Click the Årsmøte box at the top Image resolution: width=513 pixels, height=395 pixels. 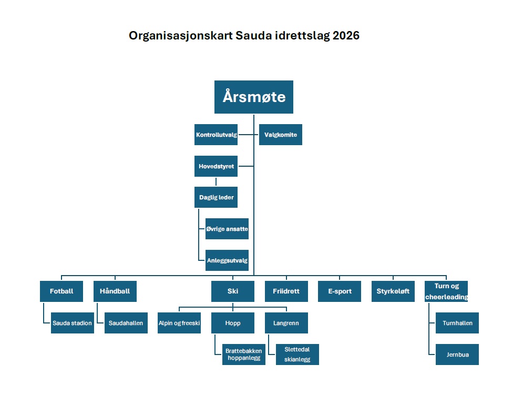click(254, 97)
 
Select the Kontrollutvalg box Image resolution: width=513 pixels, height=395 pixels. click(216, 135)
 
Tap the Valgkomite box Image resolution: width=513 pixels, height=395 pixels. click(281, 135)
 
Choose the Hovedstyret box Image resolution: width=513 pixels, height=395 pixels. click(216, 166)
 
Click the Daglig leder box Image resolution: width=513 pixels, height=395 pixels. click(216, 197)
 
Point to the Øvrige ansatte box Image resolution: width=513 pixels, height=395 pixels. click(227, 229)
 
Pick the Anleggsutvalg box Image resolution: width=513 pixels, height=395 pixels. click(227, 260)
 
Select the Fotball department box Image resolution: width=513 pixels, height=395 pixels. click(61, 291)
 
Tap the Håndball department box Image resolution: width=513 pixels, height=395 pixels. click(115, 291)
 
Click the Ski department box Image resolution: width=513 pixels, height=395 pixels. click(233, 291)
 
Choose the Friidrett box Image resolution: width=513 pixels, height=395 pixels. click(286, 291)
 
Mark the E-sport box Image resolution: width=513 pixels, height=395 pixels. click(340, 291)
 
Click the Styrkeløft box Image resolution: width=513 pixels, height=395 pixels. click(393, 291)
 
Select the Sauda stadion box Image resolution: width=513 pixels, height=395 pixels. click(73, 323)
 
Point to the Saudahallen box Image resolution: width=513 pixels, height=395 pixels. click(126, 323)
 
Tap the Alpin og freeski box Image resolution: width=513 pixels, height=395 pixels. click(179, 323)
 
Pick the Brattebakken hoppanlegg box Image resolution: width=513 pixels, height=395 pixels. click(244, 355)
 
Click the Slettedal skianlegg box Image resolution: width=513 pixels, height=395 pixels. click(297, 355)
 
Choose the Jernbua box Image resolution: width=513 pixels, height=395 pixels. click(457, 355)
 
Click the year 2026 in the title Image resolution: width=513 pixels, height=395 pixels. click(346, 36)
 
